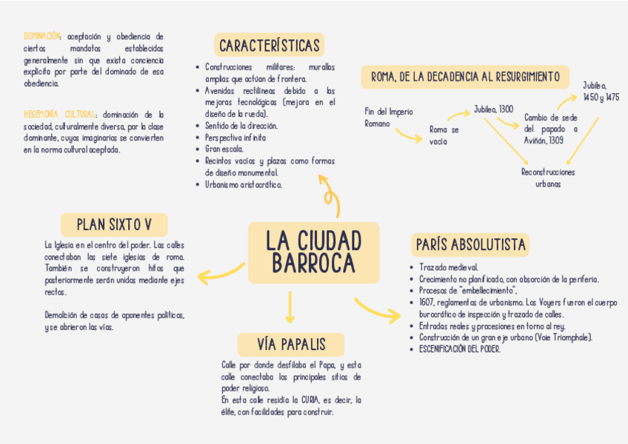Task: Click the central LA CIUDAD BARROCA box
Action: pos(313,252)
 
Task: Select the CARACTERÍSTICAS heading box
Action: pos(270,45)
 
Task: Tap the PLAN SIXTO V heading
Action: pos(114,224)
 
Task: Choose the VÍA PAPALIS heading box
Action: pos(291,344)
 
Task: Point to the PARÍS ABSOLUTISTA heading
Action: pos(470,244)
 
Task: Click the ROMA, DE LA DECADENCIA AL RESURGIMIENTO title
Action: pos(465,77)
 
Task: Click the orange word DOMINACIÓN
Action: pos(42,36)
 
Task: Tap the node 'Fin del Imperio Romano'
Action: pos(388,117)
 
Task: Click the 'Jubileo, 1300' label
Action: pos(493,110)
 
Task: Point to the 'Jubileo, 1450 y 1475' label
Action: pos(601,91)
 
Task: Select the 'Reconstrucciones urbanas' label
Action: pos(548,178)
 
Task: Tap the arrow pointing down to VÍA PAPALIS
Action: pos(290,308)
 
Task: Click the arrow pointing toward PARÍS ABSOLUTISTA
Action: pos(378,309)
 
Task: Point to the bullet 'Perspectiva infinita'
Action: pos(235,138)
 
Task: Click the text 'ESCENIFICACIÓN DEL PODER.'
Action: pos(459,349)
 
